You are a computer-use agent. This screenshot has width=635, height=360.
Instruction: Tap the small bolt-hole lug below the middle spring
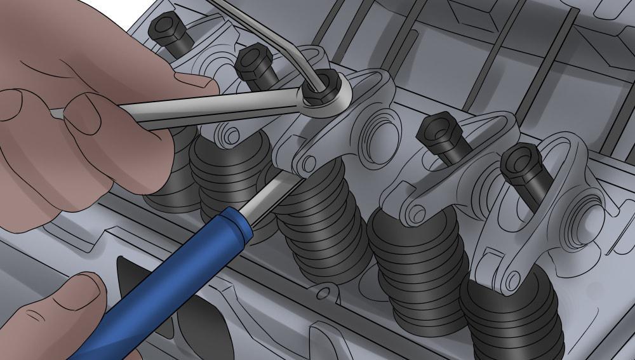click(x=324, y=292)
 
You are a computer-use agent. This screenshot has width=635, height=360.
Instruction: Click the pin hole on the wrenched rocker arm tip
click(x=308, y=164)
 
